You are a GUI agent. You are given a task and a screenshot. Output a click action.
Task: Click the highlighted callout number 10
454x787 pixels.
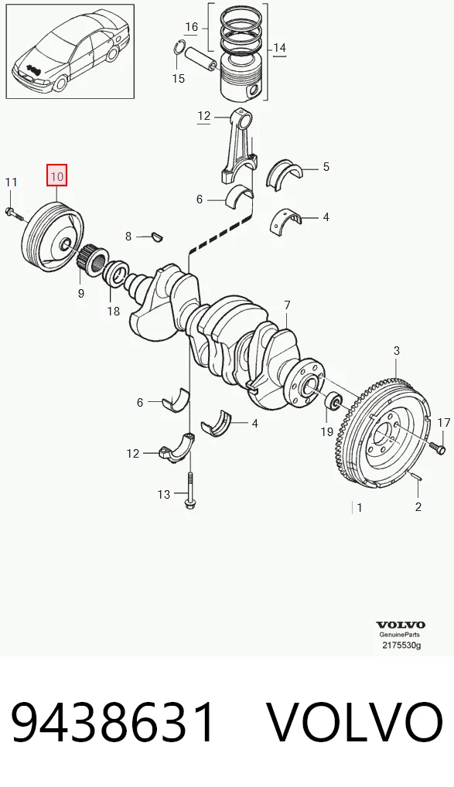(56, 176)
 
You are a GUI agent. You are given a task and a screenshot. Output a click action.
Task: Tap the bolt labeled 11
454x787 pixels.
(14, 214)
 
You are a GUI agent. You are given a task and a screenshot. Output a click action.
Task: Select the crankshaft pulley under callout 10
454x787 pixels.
(53, 237)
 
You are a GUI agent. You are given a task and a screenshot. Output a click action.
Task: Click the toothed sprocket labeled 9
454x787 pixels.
(91, 257)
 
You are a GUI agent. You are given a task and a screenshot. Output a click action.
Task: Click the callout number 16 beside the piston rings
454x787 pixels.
(191, 26)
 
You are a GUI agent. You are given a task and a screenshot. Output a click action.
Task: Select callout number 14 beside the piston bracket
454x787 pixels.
(279, 48)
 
